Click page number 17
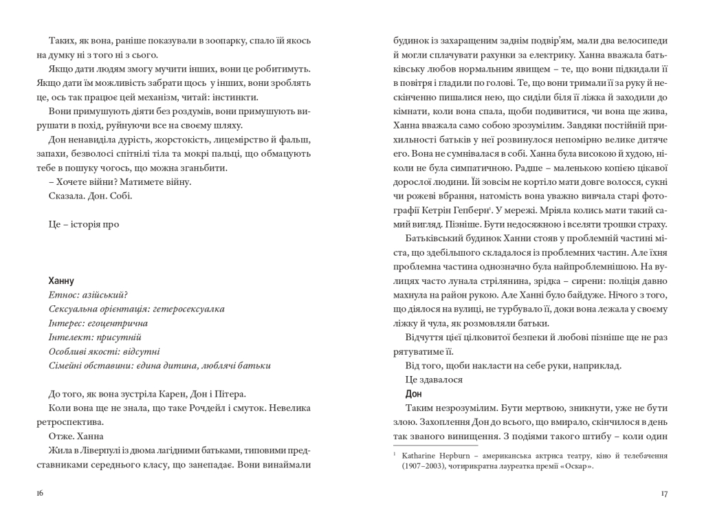[663, 493]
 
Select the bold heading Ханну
[62, 280]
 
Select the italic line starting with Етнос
[89, 295]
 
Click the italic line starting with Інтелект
[95, 337]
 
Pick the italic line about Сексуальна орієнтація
[137, 309]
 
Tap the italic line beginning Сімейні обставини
[159, 365]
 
